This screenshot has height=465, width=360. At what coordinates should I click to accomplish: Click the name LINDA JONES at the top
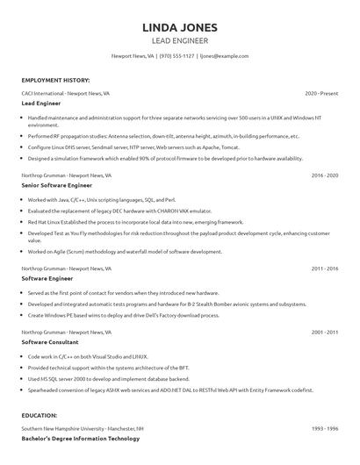[179, 28]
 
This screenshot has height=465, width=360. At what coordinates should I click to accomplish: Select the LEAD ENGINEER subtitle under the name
[179, 40]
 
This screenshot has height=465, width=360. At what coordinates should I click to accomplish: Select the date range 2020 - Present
[321, 92]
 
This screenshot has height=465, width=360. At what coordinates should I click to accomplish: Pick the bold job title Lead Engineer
[40, 103]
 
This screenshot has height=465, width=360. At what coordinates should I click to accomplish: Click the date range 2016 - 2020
[324, 175]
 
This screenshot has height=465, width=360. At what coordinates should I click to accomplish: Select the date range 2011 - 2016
[324, 268]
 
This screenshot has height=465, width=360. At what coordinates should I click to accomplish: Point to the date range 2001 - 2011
[324, 333]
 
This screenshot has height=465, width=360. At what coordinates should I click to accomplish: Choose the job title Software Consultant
[50, 343]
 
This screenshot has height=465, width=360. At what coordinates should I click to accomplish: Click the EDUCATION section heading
[40, 415]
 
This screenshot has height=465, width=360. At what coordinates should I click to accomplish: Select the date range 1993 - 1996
[324, 428]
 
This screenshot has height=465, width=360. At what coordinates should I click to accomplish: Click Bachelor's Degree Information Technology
[81, 438]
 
